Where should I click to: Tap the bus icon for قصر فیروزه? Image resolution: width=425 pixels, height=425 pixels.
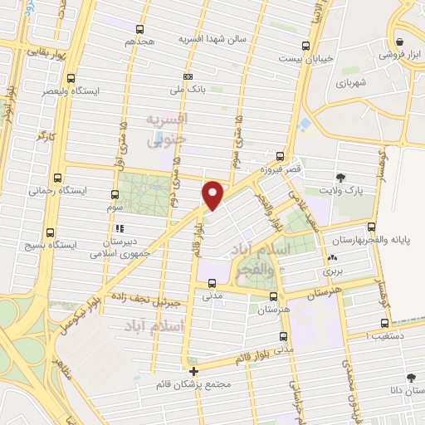tap(279, 156)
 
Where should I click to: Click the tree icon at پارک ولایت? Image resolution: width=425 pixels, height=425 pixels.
tap(340, 177)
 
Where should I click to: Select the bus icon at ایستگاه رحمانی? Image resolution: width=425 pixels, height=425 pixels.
tap(57, 178)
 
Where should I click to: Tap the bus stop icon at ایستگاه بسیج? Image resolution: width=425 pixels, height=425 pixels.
tap(51, 232)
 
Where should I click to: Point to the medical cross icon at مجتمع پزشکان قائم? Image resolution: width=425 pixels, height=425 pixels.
tap(193, 371)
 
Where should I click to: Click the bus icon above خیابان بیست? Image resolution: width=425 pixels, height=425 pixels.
tap(306, 46)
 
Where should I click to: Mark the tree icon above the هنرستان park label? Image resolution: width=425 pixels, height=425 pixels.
tap(273, 296)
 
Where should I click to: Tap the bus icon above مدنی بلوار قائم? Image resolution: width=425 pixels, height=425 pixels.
tap(284, 336)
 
